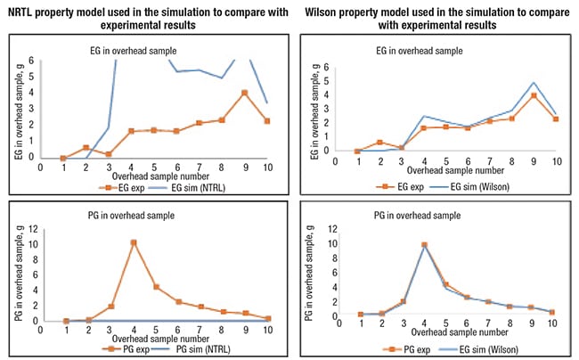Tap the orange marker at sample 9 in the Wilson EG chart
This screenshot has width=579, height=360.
point(533,95)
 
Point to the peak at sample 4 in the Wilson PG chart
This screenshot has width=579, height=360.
point(425,245)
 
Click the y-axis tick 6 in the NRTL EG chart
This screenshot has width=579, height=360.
point(31,61)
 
